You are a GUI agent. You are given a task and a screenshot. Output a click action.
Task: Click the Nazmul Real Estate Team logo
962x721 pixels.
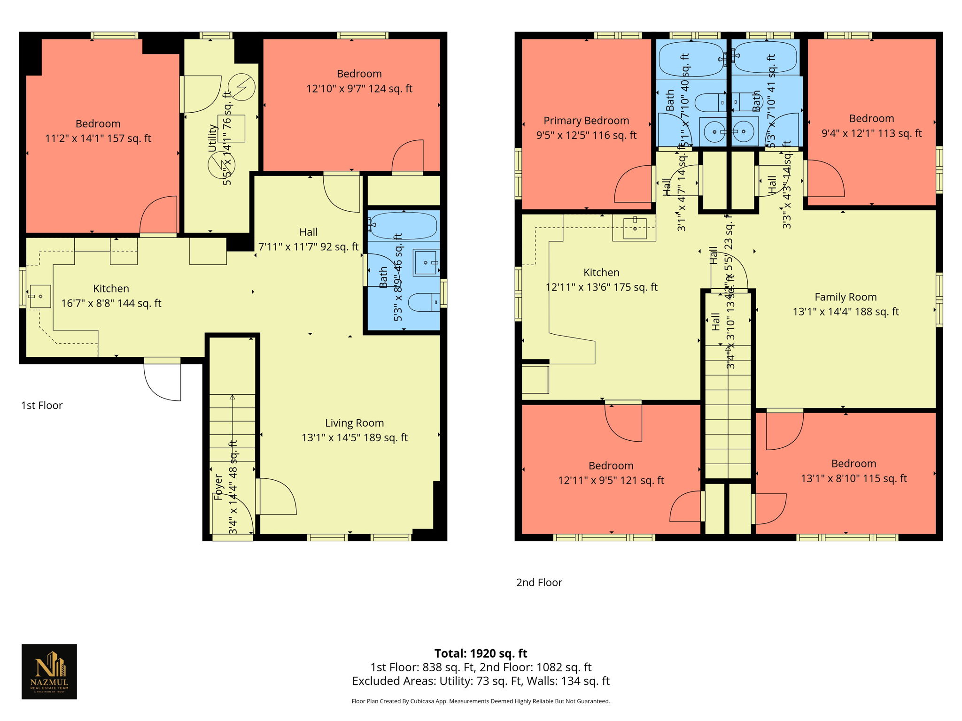[x=49, y=671]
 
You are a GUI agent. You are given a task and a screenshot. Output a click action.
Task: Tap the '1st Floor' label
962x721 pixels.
[x=42, y=406]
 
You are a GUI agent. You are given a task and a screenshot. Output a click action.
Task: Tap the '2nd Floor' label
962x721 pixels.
[x=539, y=583]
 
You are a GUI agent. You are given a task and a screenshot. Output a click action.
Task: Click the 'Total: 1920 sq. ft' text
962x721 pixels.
[x=481, y=653]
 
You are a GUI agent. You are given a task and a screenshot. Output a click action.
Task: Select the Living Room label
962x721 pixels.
[x=354, y=423]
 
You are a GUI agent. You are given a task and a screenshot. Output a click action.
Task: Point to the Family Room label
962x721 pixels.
[x=845, y=297]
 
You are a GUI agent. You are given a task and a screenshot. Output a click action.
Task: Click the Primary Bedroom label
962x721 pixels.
[x=586, y=121]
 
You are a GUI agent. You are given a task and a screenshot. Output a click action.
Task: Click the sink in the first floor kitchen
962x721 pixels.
[x=40, y=297]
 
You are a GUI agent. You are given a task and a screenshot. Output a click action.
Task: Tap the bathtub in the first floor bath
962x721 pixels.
[x=403, y=226]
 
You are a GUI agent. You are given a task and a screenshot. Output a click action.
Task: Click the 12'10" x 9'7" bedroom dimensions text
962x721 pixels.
[x=359, y=89]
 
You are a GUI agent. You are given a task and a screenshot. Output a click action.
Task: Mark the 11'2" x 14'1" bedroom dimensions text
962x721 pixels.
[x=98, y=138]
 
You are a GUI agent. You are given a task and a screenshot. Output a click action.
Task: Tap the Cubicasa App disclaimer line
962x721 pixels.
[x=481, y=701]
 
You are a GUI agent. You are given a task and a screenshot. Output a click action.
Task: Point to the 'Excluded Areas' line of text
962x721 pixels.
[x=481, y=681]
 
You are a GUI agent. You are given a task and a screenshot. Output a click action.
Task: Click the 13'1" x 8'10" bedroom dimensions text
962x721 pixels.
[x=853, y=479]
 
